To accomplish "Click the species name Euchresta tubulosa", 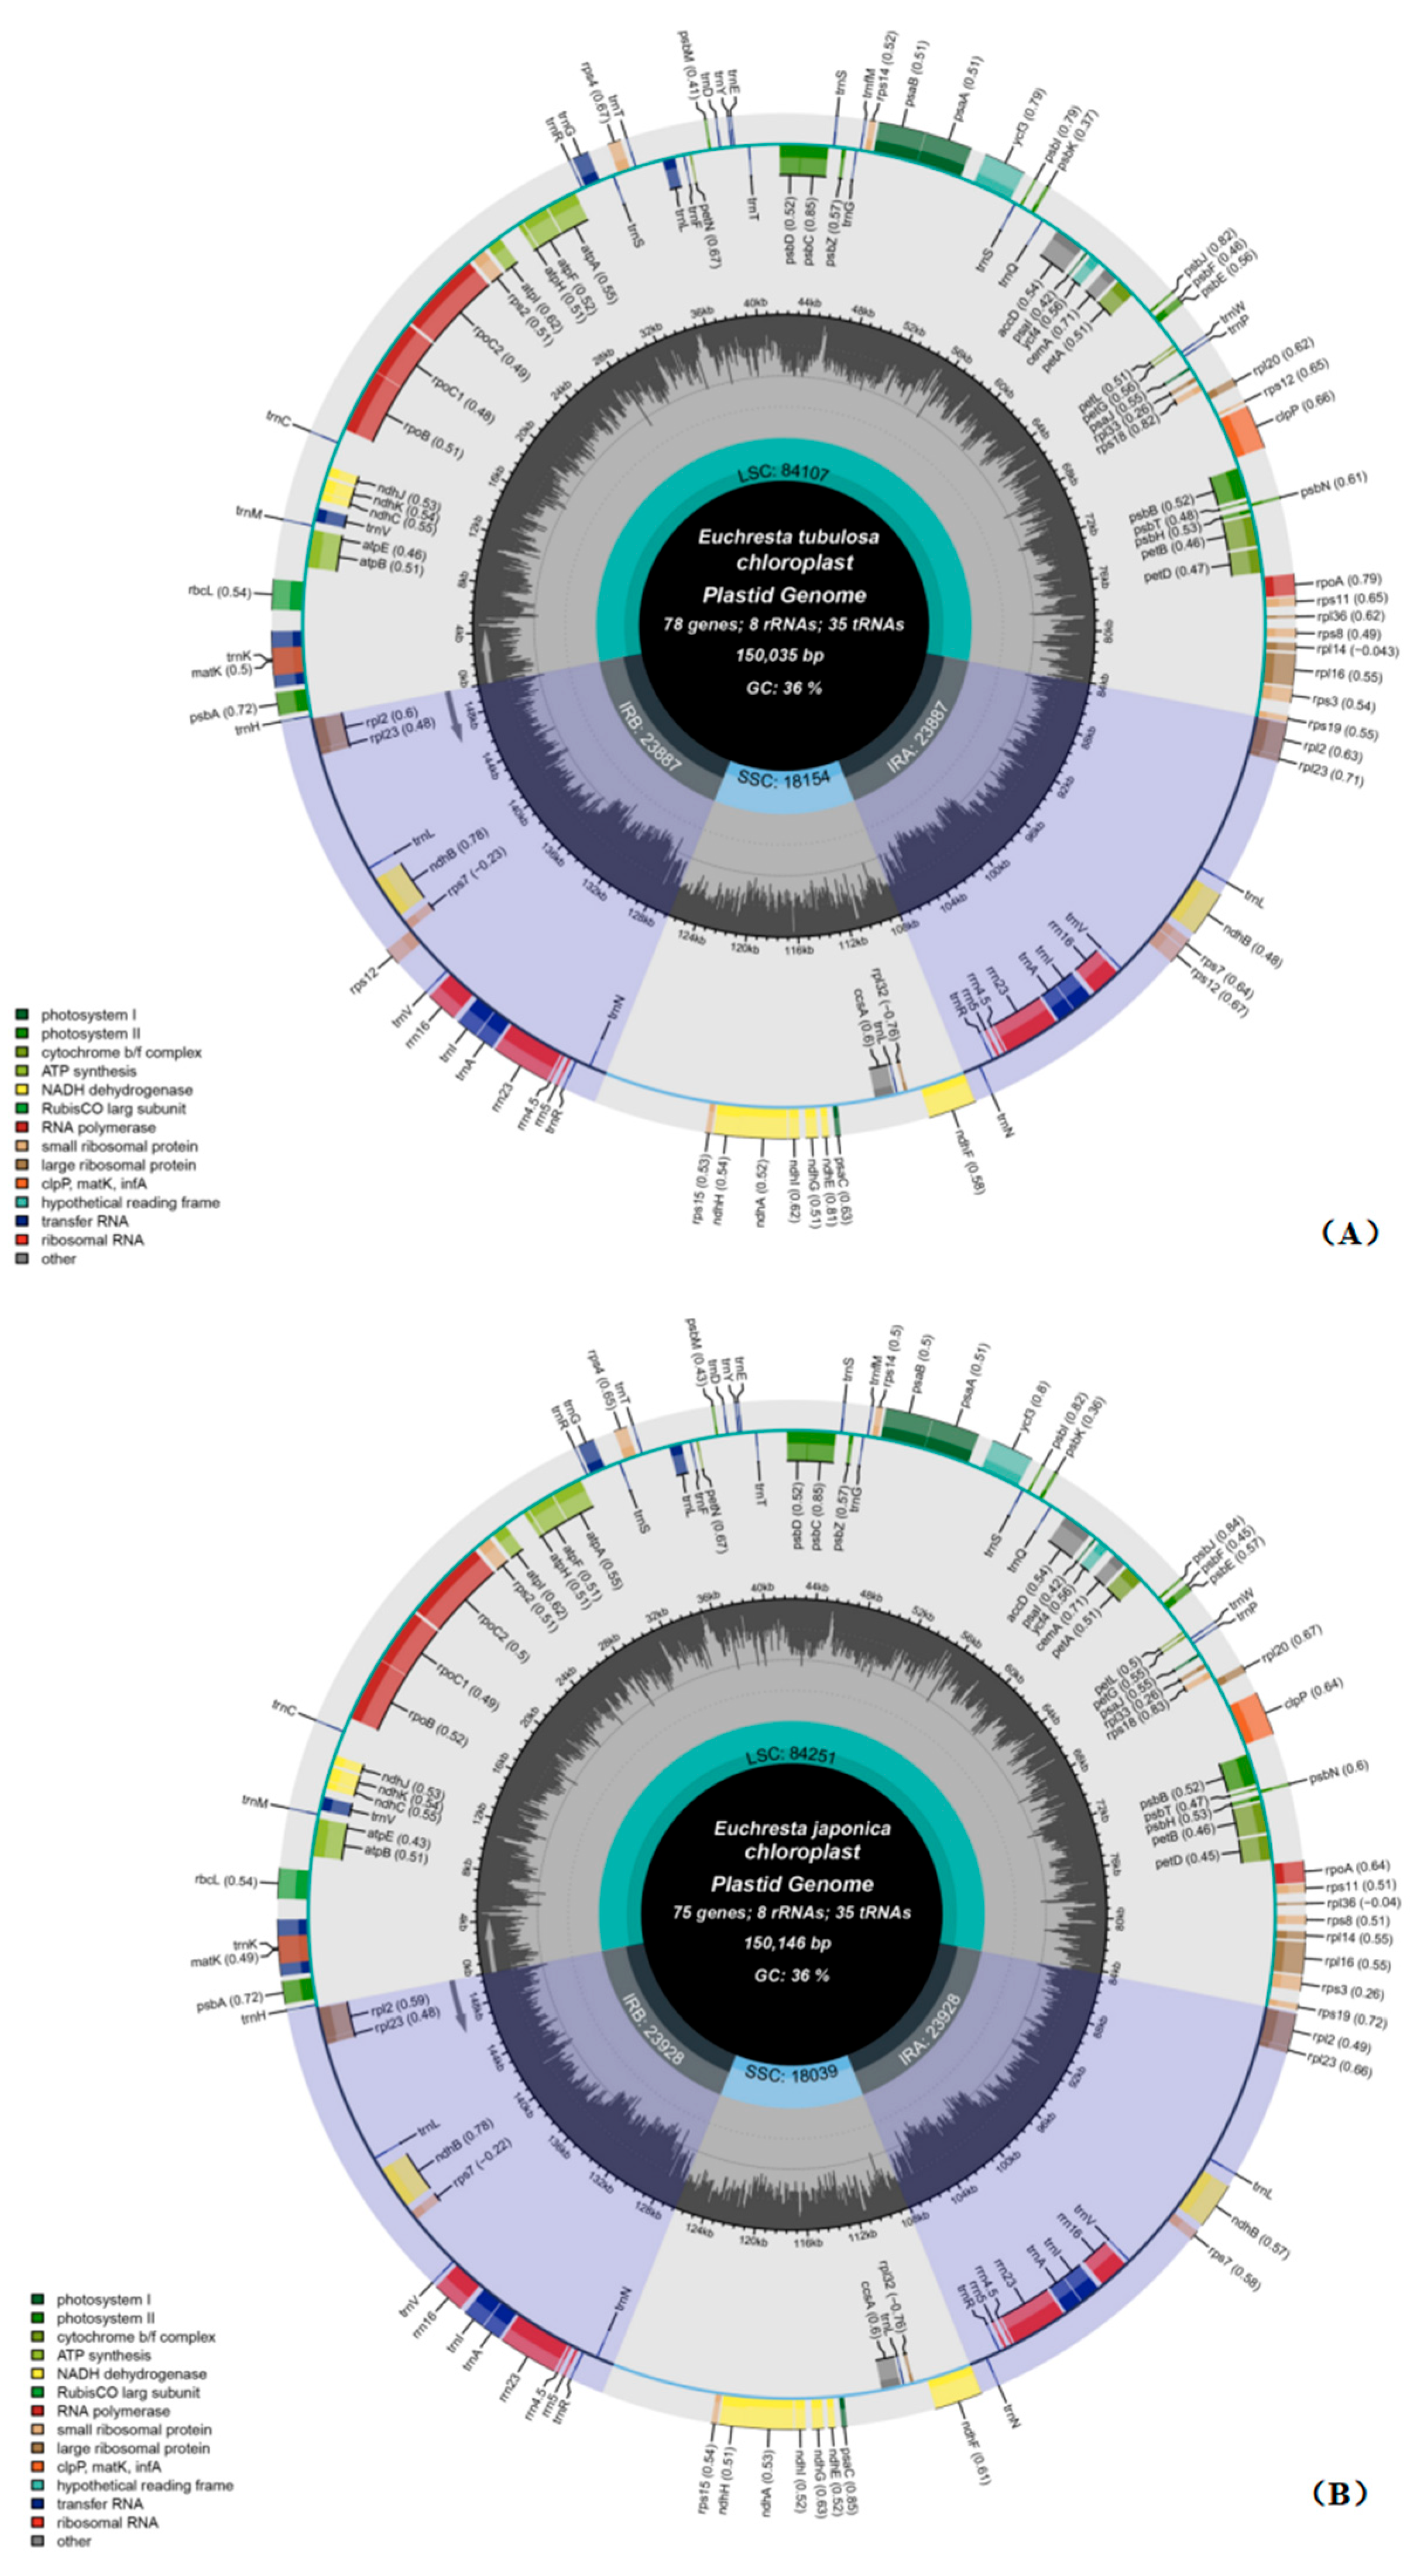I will pyautogui.click(x=787, y=537).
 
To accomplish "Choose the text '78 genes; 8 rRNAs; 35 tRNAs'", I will pyautogui.click(x=783, y=625).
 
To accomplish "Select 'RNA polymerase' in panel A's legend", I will pyautogui.click(x=98, y=1127).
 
